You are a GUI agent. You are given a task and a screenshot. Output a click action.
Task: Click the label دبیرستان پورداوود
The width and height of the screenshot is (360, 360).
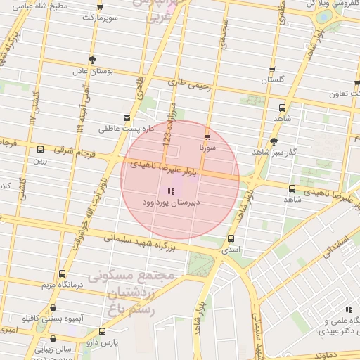click(x=169, y=201)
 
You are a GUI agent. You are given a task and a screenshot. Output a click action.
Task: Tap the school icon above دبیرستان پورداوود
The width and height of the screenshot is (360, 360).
click(x=169, y=191)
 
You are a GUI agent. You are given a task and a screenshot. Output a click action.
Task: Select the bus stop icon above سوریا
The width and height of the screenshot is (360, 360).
click(x=207, y=136)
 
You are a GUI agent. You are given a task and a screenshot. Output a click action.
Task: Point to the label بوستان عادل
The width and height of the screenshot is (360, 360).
click(x=90, y=71)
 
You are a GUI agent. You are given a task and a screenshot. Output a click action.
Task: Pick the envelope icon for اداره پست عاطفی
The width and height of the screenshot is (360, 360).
click(x=127, y=118)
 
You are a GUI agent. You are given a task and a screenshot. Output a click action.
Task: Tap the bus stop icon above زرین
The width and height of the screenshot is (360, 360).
click(x=39, y=149)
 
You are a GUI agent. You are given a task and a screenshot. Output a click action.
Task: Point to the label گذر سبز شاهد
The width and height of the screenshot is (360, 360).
click(x=274, y=152)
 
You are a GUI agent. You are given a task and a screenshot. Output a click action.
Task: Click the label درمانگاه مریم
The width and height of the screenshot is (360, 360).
click(x=61, y=284)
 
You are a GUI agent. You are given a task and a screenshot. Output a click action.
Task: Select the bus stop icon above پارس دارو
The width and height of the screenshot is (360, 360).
click(x=103, y=331)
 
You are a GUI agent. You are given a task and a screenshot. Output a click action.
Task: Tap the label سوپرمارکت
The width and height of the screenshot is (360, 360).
click(x=98, y=15)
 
